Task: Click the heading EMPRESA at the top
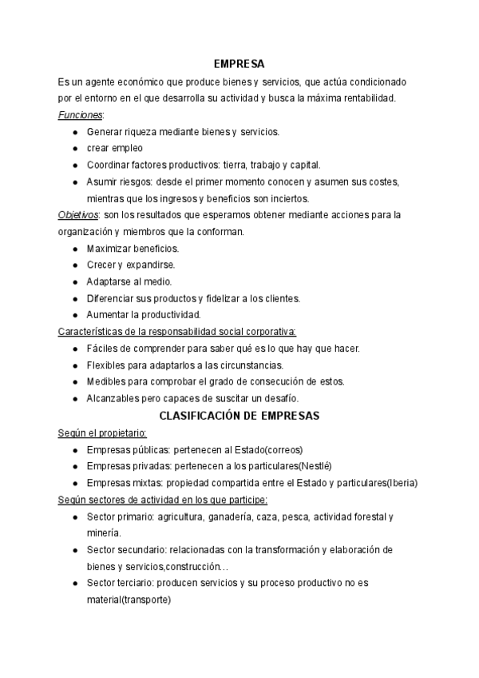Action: [239, 64]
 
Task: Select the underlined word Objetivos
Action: [78, 215]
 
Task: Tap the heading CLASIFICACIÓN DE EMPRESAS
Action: [239, 416]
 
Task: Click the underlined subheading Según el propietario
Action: [97, 433]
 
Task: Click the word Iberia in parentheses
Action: [401, 483]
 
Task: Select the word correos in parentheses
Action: [284, 449]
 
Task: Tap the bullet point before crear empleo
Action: [74, 149]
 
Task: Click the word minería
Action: [104, 533]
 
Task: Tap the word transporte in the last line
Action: [148, 600]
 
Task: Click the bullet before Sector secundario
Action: [74, 550]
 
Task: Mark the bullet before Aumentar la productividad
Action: [74, 315]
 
